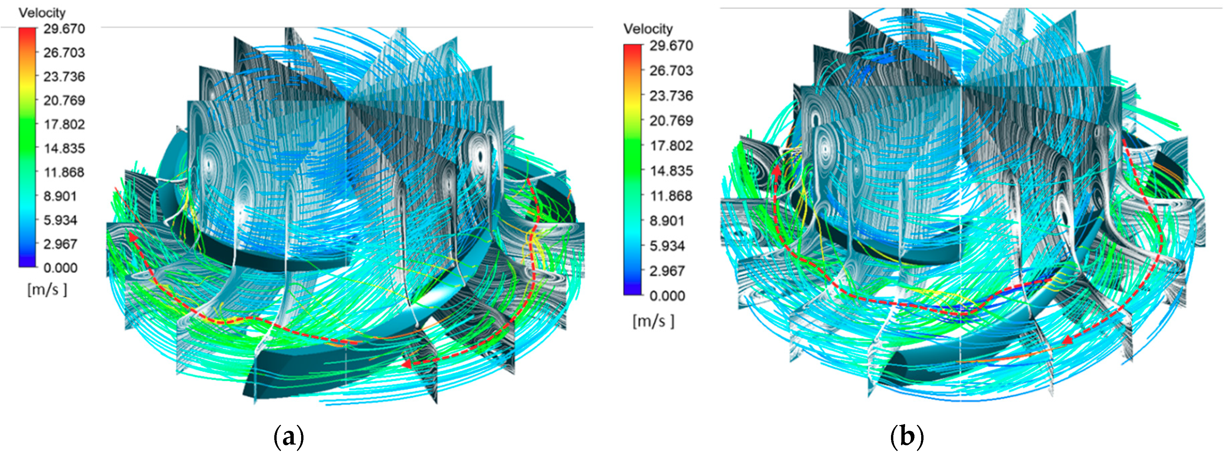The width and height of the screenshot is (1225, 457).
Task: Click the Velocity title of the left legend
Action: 42,13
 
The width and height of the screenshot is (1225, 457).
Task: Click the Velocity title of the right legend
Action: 648,29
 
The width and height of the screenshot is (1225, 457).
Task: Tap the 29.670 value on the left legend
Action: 64,29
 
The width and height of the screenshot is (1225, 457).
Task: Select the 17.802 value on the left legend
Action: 64,125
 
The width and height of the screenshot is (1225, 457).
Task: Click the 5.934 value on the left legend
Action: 60,220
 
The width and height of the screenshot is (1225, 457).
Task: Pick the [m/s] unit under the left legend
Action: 47,289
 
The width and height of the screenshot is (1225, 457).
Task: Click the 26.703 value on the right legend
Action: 671,71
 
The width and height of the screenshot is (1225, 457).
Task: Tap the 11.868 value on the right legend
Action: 671,196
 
